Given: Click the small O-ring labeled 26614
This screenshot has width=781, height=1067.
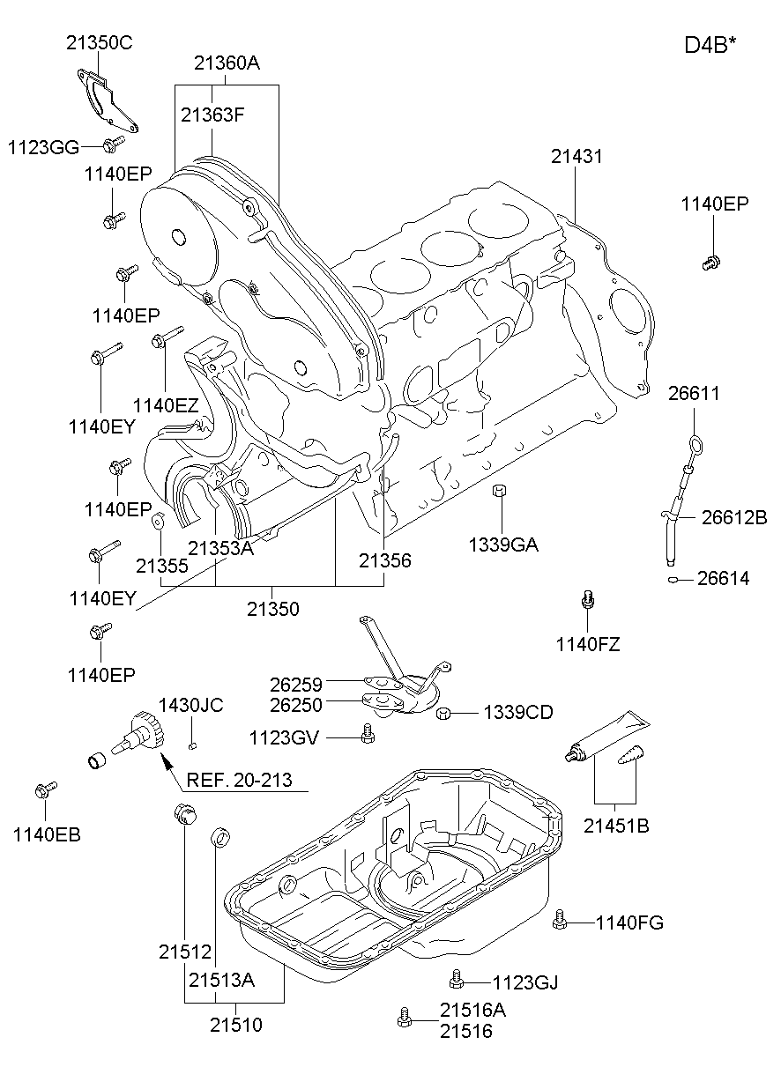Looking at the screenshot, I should (x=673, y=579).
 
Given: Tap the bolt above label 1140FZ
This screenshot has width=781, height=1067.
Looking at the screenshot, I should (x=588, y=601).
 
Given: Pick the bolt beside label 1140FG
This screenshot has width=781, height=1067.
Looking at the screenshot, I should (x=559, y=921).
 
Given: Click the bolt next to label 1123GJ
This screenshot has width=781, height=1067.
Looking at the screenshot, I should (x=456, y=978).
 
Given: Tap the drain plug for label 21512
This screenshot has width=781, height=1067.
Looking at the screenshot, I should (x=183, y=815).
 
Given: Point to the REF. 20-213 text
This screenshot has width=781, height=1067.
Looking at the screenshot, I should (x=239, y=780).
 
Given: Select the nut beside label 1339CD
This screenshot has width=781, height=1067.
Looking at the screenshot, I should (x=446, y=713).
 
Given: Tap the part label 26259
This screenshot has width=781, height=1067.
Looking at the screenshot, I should (x=296, y=683).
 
